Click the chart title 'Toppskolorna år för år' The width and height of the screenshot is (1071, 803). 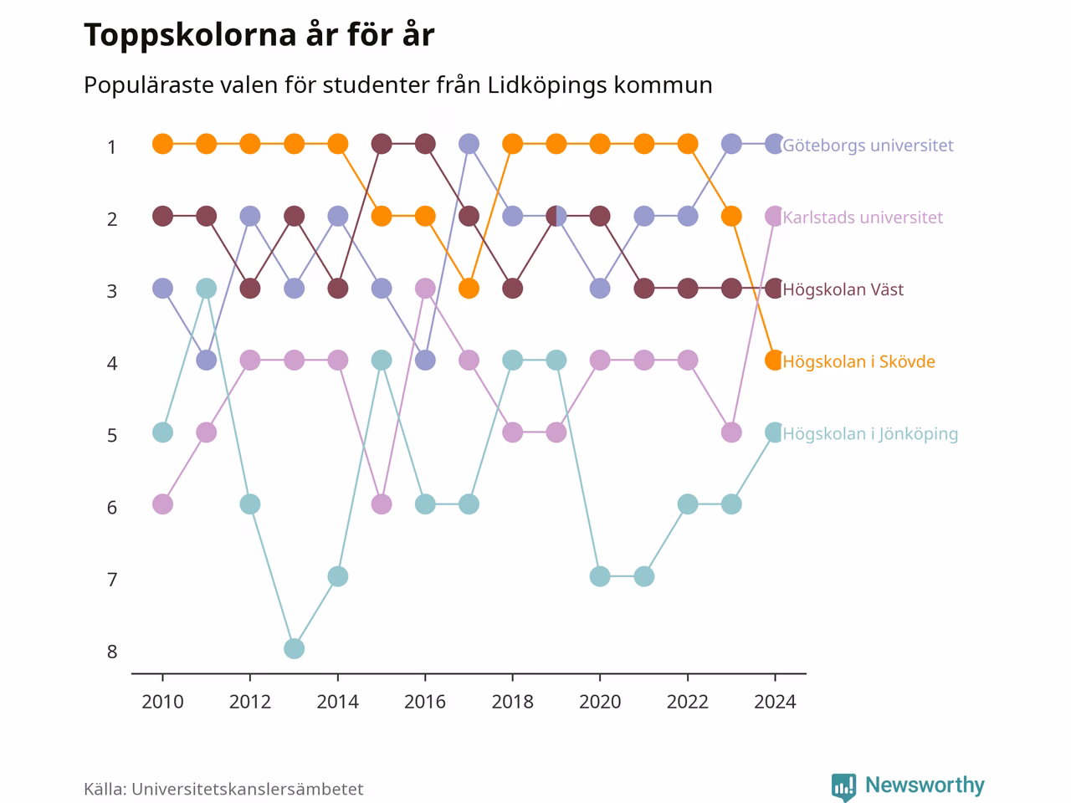click(259, 35)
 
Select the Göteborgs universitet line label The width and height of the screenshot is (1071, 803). click(868, 146)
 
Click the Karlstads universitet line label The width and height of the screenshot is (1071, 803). click(862, 217)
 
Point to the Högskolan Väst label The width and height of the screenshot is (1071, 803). click(843, 289)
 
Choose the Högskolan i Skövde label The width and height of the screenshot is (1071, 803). click(858, 361)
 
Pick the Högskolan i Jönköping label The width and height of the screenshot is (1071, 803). click(870, 434)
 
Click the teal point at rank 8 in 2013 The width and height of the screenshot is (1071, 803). click(295, 649)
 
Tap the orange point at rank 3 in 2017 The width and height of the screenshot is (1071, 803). click(469, 288)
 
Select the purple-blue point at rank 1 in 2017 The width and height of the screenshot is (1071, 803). click(469, 144)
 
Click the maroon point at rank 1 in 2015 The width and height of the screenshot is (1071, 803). click(382, 144)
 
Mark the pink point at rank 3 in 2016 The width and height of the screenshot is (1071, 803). click(425, 288)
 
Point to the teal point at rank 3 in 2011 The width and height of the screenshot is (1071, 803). click(207, 288)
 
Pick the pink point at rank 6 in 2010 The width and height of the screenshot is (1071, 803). click(162, 504)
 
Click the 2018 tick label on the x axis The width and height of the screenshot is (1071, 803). click(512, 702)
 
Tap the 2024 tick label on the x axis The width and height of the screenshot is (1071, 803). click(775, 702)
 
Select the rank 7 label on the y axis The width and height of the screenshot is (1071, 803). click(112, 580)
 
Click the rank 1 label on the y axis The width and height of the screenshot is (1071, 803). click(112, 146)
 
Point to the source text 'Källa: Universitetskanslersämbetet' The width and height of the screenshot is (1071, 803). click(223, 789)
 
